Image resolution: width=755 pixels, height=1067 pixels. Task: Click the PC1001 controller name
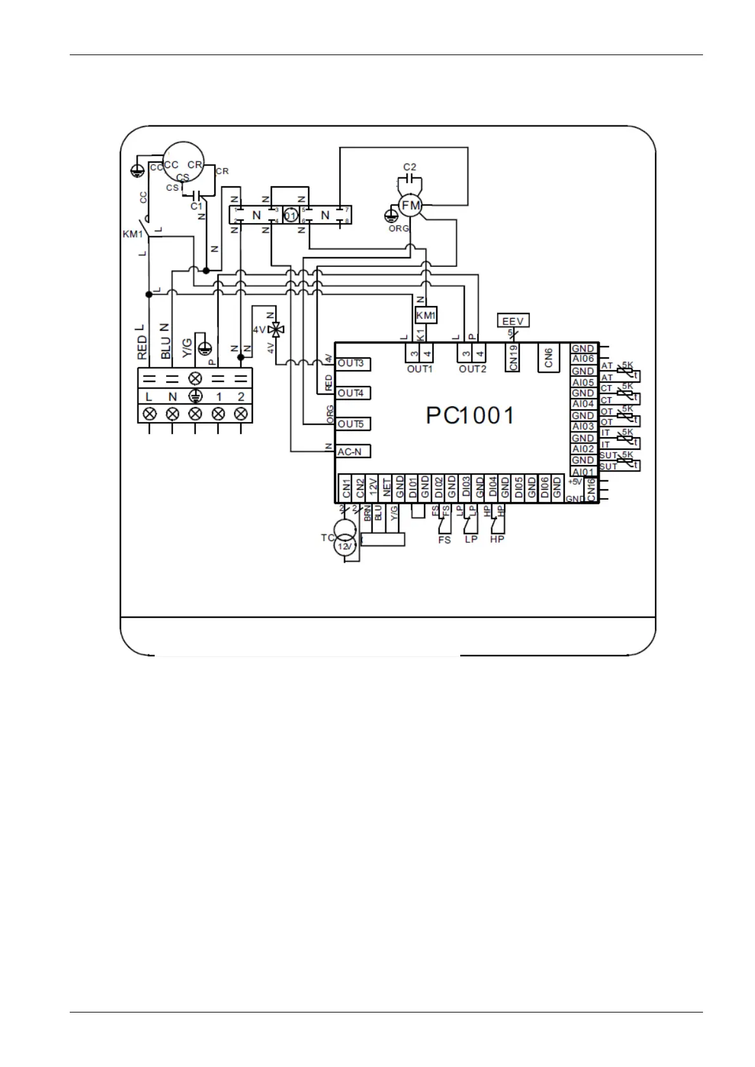[470, 416]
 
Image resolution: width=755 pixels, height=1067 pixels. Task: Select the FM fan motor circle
[411, 206]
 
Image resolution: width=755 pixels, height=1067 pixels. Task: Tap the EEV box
[513, 321]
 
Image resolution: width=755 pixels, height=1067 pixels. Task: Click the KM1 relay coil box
[426, 315]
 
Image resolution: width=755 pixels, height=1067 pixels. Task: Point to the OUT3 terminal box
[352, 364]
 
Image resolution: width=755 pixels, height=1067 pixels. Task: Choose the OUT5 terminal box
[352, 424]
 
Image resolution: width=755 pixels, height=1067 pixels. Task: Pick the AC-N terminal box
[352, 452]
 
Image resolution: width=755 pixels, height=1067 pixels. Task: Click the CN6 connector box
[549, 358]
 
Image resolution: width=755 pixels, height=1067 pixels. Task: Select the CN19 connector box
[513, 358]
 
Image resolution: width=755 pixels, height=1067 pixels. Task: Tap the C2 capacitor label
[410, 167]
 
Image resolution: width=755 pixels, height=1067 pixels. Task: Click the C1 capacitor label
[197, 207]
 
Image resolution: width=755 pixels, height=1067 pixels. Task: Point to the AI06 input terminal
[583, 359]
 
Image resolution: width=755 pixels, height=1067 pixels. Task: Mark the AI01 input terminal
[583, 472]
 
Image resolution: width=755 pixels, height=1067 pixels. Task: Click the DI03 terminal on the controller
[466, 489]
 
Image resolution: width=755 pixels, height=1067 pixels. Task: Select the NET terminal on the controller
[387, 489]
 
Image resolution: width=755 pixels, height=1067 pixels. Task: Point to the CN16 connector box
[591, 489]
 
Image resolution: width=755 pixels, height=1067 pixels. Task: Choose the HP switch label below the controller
[497, 540]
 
